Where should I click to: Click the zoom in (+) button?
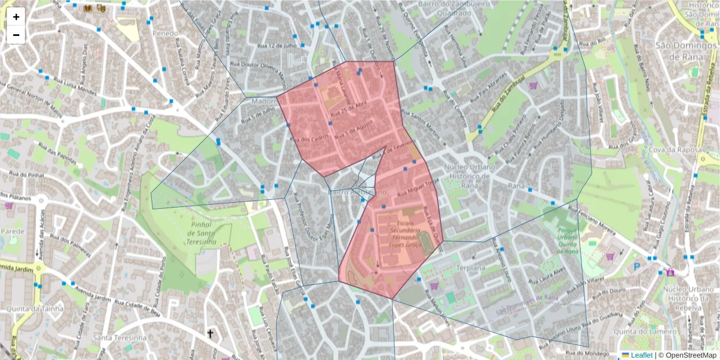(x=16, y=17)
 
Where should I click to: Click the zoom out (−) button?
(x=16, y=35)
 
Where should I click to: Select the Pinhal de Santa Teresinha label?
(x=193, y=233)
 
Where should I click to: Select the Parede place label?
(x=12, y=231)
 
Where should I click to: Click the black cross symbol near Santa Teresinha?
(x=211, y=334)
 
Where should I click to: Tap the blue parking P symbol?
(x=637, y=266)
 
